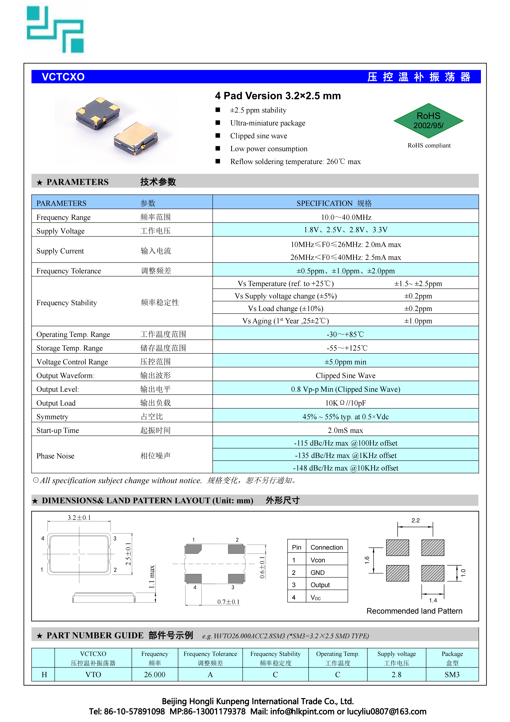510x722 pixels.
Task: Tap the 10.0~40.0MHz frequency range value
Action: click(346, 217)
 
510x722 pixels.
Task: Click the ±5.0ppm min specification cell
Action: click(346, 362)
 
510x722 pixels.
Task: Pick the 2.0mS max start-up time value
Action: click(346, 430)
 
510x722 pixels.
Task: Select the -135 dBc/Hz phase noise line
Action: click(346, 456)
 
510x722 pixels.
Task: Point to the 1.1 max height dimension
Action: click(152, 577)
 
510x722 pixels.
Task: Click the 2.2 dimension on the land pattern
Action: click(416, 520)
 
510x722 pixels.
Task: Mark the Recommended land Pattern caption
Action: click(414, 611)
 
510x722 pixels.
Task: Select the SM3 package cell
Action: click(452, 675)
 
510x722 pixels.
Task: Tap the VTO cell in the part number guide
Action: click(93, 675)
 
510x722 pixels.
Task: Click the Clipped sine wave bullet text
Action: click(258, 136)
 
